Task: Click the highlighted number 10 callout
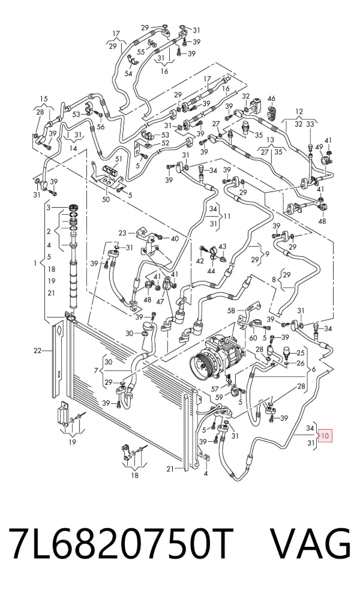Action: click(325, 436)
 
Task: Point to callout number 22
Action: click(37, 351)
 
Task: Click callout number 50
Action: click(106, 199)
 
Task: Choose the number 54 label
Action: click(128, 73)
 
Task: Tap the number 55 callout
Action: click(140, 52)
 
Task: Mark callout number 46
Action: click(272, 99)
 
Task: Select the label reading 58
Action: click(232, 311)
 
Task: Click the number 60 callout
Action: click(253, 337)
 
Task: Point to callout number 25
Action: click(300, 354)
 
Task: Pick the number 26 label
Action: click(300, 364)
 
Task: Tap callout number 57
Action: click(215, 388)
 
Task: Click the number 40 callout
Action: click(175, 239)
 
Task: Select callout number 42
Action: click(200, 261)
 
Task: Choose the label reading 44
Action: click(211, 271)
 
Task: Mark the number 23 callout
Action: click(122, 233)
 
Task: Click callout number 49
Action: click(319, 147)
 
